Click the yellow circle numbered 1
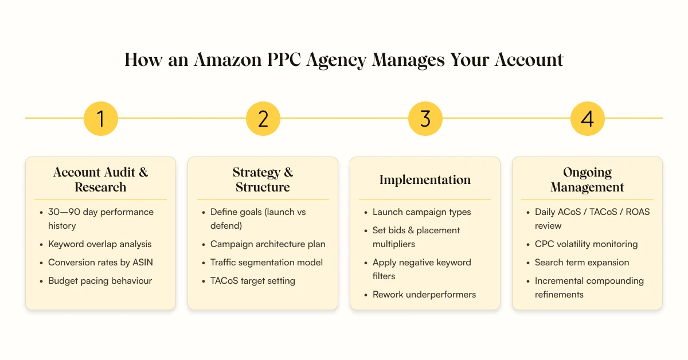(100, 119)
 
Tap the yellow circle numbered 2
(263, 119)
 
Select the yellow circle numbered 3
(425, 119)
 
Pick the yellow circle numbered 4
(587, 119)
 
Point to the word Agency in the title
(342, 60)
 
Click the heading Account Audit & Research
(100, 179)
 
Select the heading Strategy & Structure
(263, 179)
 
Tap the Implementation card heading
(425, 180)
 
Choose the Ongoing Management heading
(587, 179)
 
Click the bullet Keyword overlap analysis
(100, 244)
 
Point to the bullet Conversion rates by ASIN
(100, 263)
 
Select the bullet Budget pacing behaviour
(100, 281)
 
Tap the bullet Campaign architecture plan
(268, 244)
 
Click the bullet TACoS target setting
(253, 281)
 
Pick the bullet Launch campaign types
(421, 212)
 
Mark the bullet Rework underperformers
(424, 295)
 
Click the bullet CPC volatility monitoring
(586, 244)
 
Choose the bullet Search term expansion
(582, 263)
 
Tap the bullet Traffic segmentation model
(267, 263)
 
